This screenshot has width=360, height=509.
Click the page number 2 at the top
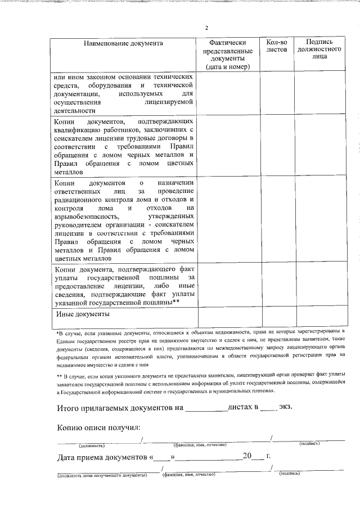click(206, 28)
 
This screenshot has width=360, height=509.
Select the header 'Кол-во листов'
click(276, 46)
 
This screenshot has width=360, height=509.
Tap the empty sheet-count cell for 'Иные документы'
click(276, 316)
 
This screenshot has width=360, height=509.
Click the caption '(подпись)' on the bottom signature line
click(290, 474)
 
